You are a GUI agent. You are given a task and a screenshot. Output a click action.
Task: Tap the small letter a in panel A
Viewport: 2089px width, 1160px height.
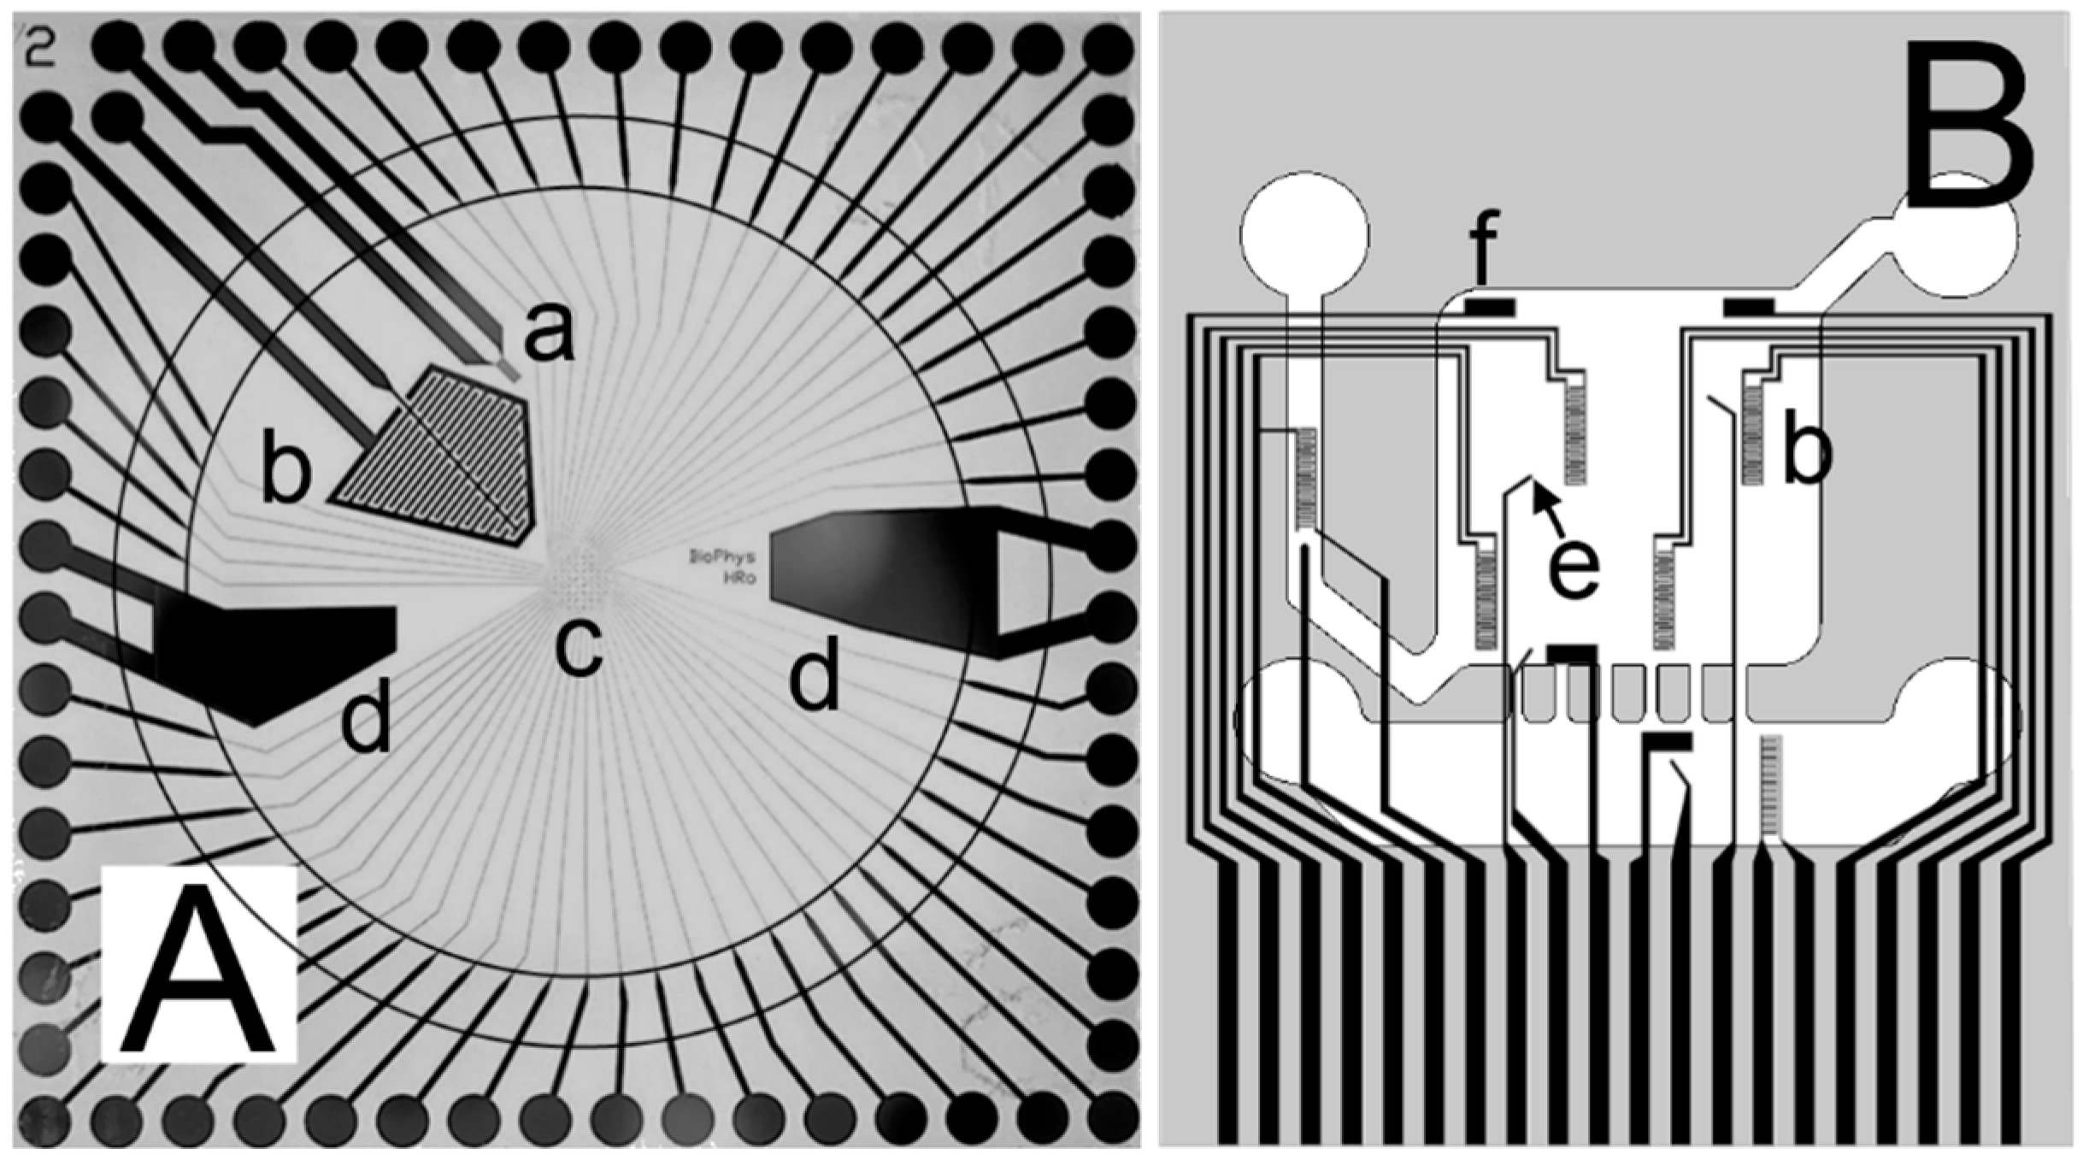(549, 333)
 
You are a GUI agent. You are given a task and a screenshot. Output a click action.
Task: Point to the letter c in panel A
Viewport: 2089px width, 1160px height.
(579, 648)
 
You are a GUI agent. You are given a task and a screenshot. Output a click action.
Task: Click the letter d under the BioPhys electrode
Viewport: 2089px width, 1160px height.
(813, 678)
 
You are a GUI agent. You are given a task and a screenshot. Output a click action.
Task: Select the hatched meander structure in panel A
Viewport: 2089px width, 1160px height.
(444, 457)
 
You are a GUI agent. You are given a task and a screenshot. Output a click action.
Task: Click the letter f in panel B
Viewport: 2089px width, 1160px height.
(1484, 250)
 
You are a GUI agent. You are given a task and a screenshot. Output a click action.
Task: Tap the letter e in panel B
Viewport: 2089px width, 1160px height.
(1573, 568)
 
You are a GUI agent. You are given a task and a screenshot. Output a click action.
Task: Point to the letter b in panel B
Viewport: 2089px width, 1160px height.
(1808, 453)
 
